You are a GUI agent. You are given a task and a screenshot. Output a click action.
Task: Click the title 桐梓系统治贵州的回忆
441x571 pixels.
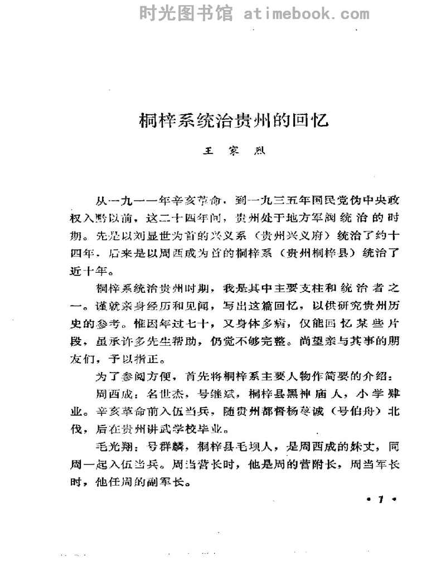coord(234,120)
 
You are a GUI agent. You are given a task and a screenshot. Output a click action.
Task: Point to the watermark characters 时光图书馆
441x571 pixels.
coord(186,13)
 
